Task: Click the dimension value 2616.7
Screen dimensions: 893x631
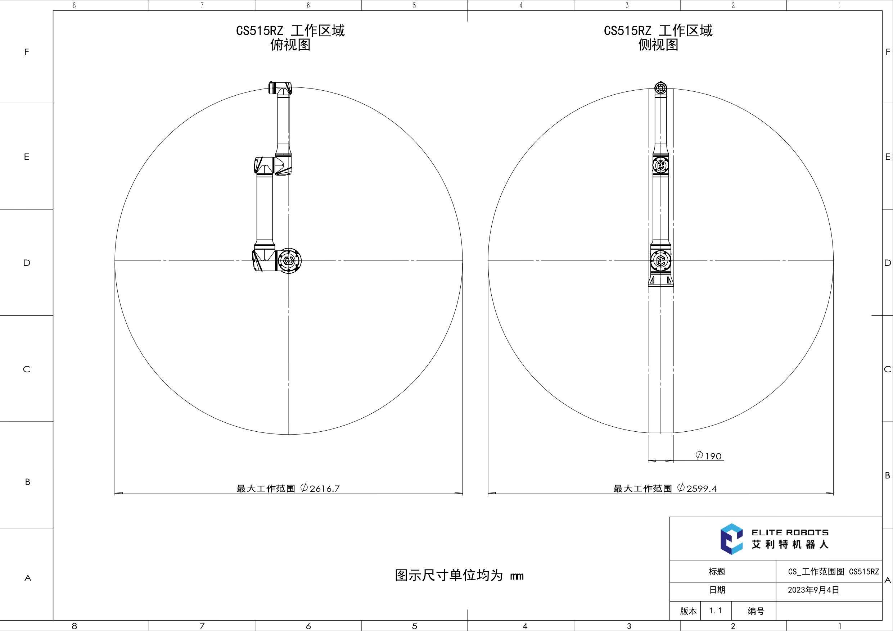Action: [325, 488]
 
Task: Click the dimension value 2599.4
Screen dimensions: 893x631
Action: [702, 488]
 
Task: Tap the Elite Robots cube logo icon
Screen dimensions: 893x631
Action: [731, 539]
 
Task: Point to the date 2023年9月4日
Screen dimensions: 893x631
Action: [813, 590]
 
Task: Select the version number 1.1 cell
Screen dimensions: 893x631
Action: [716, 610]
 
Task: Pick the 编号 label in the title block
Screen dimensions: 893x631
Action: [756, 611]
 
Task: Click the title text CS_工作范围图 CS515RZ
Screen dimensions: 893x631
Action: [834, 572]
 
